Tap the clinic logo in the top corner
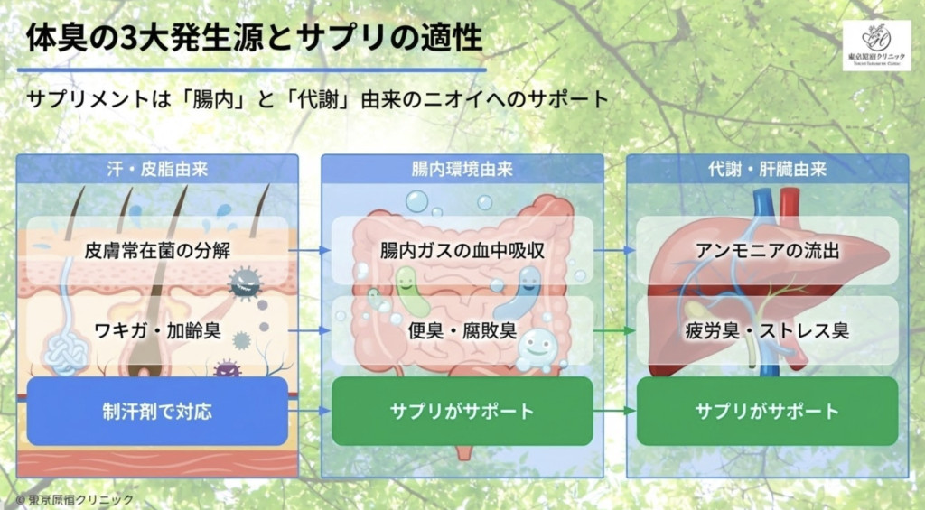(x=876, y=45)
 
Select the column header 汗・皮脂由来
(x=157, y=169)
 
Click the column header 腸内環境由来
(x=462, y=169)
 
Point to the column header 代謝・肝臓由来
(x=767, y=169)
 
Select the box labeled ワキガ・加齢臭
(x=156, y=330)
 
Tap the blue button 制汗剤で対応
(x=156, y=411)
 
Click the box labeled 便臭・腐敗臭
(x=462, y=330)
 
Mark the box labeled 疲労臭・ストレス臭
(x=767, y=330)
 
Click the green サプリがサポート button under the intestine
(x=462, y=411)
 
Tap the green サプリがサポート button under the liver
(x=767, y=411)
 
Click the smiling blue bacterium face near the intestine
(x=538, y=346)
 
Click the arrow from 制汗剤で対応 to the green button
(x=311, y=411)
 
